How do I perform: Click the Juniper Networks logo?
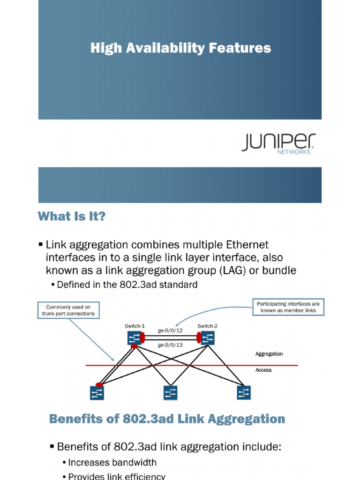pyautogui.click(x=278, y=143)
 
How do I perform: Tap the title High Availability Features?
pyautogui.click(x=180, y=48)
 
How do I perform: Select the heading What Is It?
pyautogui.click(x=72, y=217)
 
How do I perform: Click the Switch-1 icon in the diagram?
pyautogui.click(x=135, y=337)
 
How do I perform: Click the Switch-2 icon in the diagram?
pyautogui.click(x=207, y=337)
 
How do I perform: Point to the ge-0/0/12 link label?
pyautogui.click(x=170, y=330)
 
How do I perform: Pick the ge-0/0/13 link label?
pyautogui.click(x=170, y=345)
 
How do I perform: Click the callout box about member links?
pyautogui.click(x=288, y=307)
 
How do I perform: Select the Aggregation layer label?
pyautogui.click(x=269, y=354)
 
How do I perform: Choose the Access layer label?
pyautogui.click(x=263, y=370)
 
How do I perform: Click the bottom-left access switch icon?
pyautogui.click(x=97, y=393)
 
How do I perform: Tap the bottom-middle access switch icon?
pyautogui.click(x=170, y=393)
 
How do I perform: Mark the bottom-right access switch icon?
pyautogui.click(x=244, y=392)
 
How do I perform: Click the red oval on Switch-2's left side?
pyautogui.click(x=199, y=337)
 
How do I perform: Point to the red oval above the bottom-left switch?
pyautogui.click(x=98, y=384)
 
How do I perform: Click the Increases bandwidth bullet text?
pyautogui.click(x=112, y=462)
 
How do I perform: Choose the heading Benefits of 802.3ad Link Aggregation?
pyautogui.click(x=167, y=419)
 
